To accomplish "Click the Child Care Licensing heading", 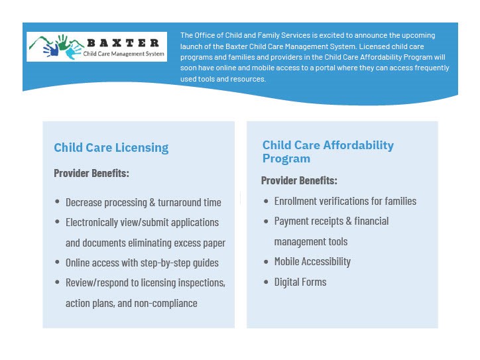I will pyautogui.click(x=111, y=148).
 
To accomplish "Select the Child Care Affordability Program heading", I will pyautogui.click(x=328, y=152).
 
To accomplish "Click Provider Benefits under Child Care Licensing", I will pyautogui.click(x=91, y=174).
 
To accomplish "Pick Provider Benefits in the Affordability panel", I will pyautogui.click(x=299, y=180).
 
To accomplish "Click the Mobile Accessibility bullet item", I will pyautogui.click(x=312, y=261).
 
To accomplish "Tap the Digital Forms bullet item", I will pyautogui.click(x=300, y=282).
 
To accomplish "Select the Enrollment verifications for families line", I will pyautogui.click(x=345, y=201).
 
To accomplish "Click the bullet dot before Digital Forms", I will pyautogui.click(x=267, y=282).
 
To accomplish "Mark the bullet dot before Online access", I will pyautogui.click(x=58, y=263).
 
